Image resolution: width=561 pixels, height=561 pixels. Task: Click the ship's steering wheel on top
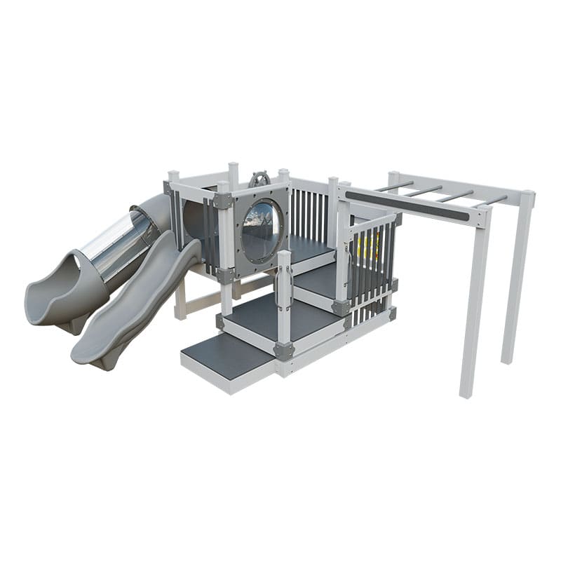(x=259, y=180)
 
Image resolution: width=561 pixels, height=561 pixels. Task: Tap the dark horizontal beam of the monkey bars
(x=407, y=205)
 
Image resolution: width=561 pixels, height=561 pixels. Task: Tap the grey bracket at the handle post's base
(x=284, y=351)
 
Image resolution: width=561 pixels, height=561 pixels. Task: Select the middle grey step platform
(x=280, y=319)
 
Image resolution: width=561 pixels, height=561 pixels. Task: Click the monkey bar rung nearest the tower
(x=393, y=187)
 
